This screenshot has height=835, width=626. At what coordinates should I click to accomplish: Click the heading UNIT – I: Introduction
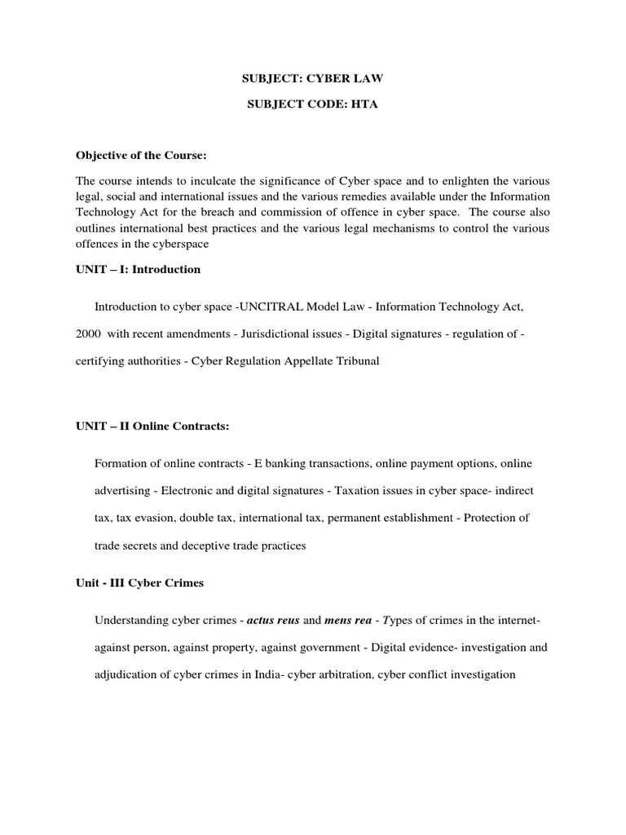(138, 269)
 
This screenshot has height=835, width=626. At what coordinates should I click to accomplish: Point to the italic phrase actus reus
(274, 621)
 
